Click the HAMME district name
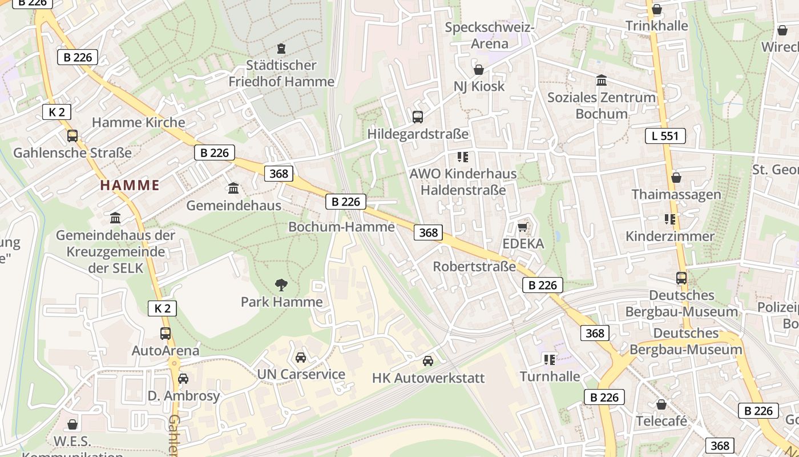point(130,185)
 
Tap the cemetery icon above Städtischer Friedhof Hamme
point(281,49)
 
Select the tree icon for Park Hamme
point(281,284)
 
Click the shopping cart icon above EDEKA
point(522,227)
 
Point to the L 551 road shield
point(665,136)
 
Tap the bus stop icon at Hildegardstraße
point(418,117)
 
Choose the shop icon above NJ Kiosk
point(479,70)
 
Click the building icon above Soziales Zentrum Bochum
point(602,81)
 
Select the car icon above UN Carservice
point(301,358)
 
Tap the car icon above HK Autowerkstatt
point(427,361)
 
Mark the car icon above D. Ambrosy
point(183,379)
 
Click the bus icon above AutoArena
point(166,334)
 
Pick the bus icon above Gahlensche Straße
point(72,136)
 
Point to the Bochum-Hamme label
point(341,227)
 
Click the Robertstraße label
point(474,267)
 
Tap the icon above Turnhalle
point(550,359)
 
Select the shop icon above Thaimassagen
point(676,178)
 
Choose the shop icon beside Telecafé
point(661,404)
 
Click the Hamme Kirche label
point(138,122)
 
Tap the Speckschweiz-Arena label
point(489,35)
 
